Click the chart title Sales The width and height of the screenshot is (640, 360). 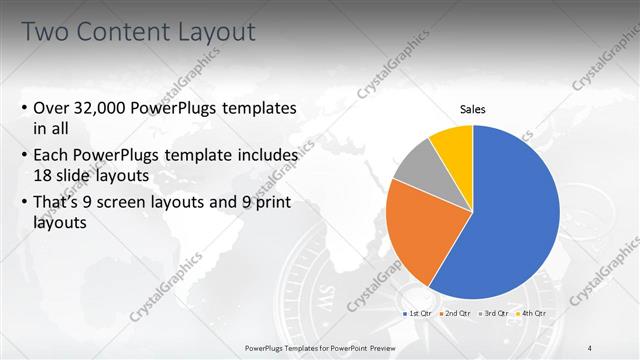pyautogui.click(x=473, y=108)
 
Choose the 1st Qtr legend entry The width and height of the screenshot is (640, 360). pyautogui.click(x=419, y=313)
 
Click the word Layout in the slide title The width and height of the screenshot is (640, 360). pyautogui.click(x=210, y=32)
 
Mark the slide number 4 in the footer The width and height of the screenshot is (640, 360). pyautogui.click(x=590, y=347)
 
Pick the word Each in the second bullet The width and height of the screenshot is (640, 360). pyautogui.click(x=52, y=157)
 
